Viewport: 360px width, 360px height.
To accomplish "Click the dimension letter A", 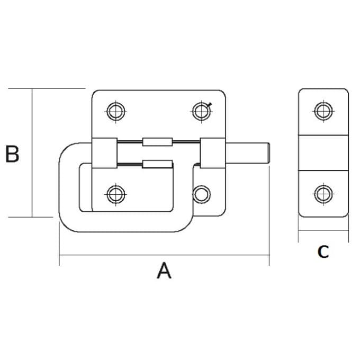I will coord(165,271).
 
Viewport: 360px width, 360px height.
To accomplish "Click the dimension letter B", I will coord(12,154).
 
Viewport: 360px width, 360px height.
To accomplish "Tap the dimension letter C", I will coord(323,252).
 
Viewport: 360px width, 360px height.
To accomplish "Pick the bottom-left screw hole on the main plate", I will coord(115,194).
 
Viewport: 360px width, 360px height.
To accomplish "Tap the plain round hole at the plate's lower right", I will coord(201,194).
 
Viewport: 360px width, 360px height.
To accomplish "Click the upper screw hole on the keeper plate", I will coord(322,111).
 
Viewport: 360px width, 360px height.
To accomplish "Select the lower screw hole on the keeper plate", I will coord(322,194).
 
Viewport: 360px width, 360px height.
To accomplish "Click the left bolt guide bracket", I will coord(104,153).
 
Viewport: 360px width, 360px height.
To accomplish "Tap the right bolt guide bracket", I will coord(213,153).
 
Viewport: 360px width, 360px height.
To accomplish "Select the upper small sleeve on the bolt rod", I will coord(157,141).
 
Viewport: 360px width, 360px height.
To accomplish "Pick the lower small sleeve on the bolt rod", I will coord(157,165).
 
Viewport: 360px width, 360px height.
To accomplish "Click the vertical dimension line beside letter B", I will coord(32,153).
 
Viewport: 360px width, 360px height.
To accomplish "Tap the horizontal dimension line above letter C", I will coord(323,231).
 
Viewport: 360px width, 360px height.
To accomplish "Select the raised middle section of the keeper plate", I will coord(323,153).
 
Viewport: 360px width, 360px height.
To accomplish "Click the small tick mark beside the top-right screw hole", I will coord(211,105).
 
